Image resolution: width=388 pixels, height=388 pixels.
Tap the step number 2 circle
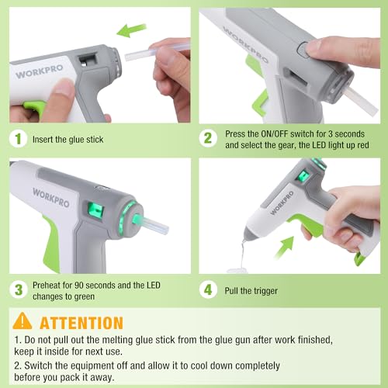[208, 139]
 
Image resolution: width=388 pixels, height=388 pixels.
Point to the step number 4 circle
[208, 290]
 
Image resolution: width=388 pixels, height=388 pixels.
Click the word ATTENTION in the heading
[81, 323]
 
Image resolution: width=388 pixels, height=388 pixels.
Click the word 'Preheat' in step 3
[47, 284]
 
